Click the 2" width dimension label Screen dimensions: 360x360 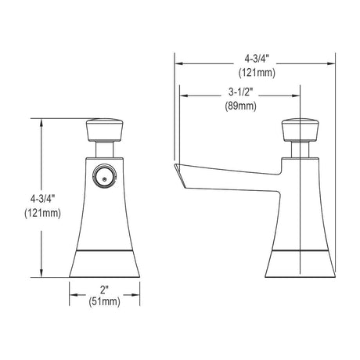(x=105, y=290)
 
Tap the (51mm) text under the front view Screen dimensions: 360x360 (x=105, y=301)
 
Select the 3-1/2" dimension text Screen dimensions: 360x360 (x=240, y=92)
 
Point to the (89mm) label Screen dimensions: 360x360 (x=240, y=106)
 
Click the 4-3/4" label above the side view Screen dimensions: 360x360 (x=256, y=59)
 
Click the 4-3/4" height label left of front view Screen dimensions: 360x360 (x=42, y=200)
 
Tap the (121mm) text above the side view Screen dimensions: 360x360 (x=257, y=73)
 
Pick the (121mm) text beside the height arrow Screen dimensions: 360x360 (x=42, y=214)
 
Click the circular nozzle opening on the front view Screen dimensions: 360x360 (x=104, y=175)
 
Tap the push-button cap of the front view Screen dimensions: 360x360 (x=105, y=130)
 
